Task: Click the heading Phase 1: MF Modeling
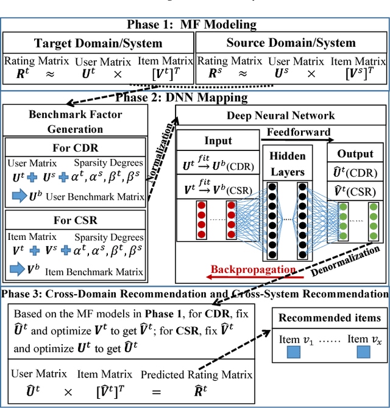(x=194, y=24)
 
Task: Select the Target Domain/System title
(x=99, y=43)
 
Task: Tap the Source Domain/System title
(x=291, y=43)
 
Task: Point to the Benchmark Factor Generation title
(x=75, y=121)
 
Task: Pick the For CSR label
(x=75, y=219)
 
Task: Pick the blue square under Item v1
(x=294, y=351)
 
